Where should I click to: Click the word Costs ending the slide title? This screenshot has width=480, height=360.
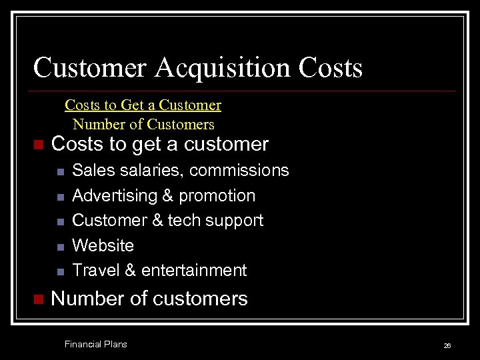(x=331, y=68)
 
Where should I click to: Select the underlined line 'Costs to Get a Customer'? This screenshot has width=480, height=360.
(x=143, y=105)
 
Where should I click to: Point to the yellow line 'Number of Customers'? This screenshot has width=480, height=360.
(x=143, y=125)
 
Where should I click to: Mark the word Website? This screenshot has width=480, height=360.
(x=103, y=245)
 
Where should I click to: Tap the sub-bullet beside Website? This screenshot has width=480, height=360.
(x=59, y=247)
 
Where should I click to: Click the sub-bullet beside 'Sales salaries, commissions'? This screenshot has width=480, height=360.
(x=59, y=172)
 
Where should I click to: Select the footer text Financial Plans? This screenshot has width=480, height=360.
(x=95, y=344)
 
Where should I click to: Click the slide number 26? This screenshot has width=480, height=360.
(x=447, y=345)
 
